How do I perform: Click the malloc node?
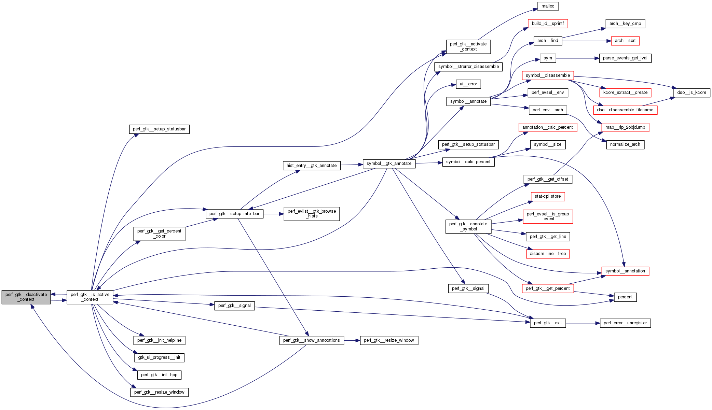548,6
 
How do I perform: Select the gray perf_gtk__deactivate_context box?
26,297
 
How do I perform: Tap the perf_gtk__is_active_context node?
90,297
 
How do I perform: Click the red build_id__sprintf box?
548,24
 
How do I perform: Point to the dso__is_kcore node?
692,93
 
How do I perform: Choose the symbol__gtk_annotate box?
389,164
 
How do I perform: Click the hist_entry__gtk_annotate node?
312,166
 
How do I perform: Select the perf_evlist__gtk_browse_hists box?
312,214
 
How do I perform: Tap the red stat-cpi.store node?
548,196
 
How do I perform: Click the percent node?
625,297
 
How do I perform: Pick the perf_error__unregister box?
625,323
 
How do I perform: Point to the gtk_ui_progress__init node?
159,357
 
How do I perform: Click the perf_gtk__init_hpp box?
159,375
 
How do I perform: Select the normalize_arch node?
625,144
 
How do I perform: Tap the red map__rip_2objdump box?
625,127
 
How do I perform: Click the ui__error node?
468,84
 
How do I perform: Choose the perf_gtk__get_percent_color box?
159,234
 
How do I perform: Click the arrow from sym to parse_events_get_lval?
577,58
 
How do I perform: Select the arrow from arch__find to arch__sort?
586,41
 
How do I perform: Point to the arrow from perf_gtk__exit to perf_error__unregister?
583,323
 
